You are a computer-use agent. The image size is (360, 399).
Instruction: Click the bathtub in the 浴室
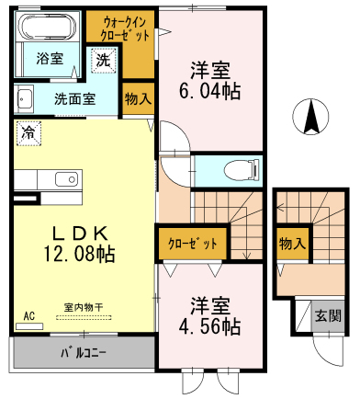click(x=48, y=27)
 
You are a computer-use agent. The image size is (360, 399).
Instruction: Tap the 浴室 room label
click(x=50, y=59)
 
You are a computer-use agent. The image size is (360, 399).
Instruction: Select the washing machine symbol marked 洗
click(x=104, y=61)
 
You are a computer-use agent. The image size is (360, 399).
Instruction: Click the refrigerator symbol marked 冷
click(x=28, y=133)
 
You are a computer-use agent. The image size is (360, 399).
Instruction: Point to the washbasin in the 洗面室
click(x=24, y=98)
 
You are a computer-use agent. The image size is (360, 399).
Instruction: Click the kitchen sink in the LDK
click(x=66, y=179)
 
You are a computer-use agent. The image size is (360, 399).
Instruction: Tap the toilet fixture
click(x=242, y=169)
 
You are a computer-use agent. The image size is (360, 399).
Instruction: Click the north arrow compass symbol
click(x=310, y=117)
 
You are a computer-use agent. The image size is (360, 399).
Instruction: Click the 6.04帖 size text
click(x=209, y=91)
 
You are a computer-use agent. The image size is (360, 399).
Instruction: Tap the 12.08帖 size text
click(x=79, y=254)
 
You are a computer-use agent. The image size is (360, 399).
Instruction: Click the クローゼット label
click(x=193, y=244)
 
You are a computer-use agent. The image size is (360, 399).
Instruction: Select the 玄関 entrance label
click(x=328, y=315)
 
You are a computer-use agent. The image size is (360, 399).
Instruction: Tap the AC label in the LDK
click(x=29, y=315)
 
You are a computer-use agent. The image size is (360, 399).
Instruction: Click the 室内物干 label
click(x=84, y=307)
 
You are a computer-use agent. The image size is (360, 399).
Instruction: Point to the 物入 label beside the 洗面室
click(x=138, y=98)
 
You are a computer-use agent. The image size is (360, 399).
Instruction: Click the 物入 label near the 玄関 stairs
click(x=292, y=244)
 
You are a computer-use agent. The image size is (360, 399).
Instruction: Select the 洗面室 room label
click(x=75, y=98)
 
